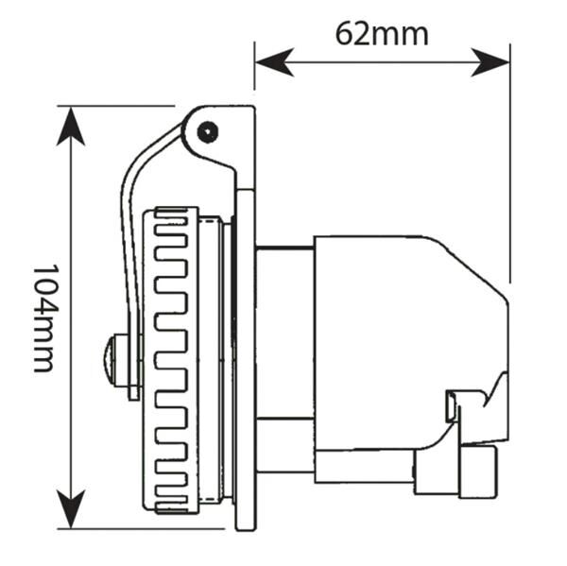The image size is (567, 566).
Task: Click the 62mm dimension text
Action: click(x=381, y=33)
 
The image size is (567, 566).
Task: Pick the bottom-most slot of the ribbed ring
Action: click(x=177, y=491)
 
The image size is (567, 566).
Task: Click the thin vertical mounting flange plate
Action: click(x=248, y=359)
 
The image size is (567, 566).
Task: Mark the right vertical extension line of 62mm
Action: click(x=509, y=170)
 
